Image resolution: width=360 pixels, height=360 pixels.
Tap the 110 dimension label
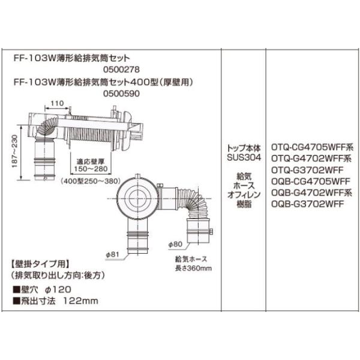tap(57, 104)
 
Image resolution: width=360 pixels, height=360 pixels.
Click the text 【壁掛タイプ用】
tap(40, 263)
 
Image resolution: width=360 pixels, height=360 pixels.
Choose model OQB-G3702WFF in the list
tap(302, 204)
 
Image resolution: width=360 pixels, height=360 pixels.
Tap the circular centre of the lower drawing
tap(142, 195)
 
